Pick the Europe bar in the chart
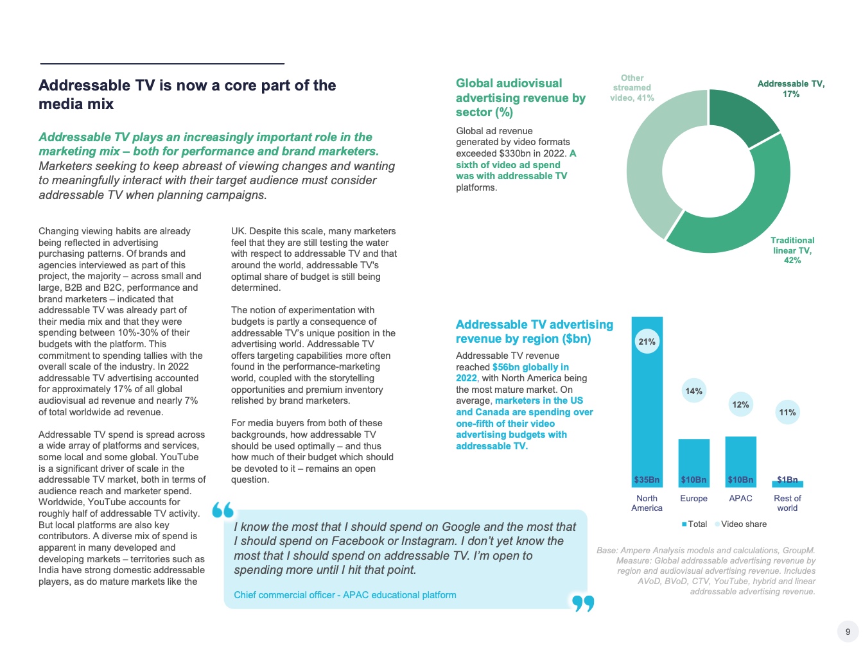[693, 459]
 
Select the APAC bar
[740, 457]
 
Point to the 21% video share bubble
[647, 341]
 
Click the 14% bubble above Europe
[693, 391]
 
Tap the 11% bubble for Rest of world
[787, 412]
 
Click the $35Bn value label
[647, 479]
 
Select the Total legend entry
[694, 524]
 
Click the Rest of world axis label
[787, 503]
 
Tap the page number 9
[848, 632]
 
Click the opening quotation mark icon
[223, 510]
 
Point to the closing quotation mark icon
[583, 603]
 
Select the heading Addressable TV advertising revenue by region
[534, 331]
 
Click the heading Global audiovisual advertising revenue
[520, 98]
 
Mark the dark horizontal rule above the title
[162, 64]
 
